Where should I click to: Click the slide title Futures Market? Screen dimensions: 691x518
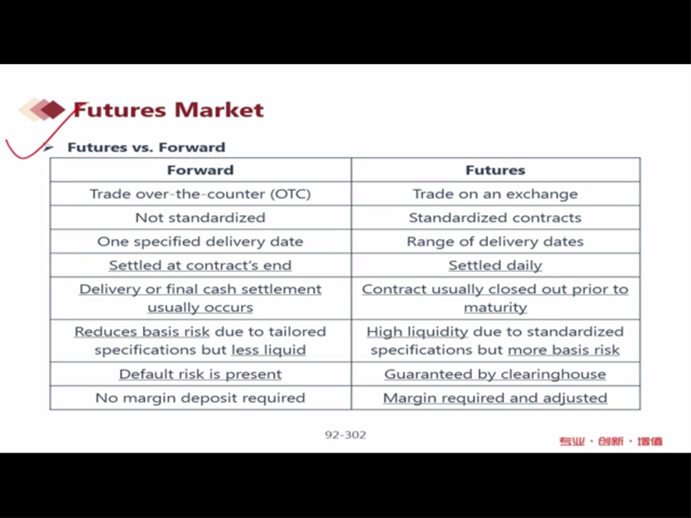point(168,110)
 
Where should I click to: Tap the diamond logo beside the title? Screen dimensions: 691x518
point(42,109)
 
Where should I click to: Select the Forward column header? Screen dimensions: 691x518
point(200,170)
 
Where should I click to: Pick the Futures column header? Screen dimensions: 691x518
point(495,170)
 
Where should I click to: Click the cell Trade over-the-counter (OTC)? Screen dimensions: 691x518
point(200,194)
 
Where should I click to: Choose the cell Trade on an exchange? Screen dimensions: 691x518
point(495,194)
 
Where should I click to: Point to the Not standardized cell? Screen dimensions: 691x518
point(200,218)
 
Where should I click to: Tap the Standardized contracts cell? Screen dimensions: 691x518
point(495,218)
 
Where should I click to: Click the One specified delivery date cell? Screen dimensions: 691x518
point(200,241)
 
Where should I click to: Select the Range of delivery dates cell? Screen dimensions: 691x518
point(495,241)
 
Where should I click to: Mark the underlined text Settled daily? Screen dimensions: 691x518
point(495,265)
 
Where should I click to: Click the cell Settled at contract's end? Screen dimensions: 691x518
point(200,265)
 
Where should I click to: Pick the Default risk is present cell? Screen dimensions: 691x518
point(200,374)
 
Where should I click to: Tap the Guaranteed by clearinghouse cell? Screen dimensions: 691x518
point(495,374)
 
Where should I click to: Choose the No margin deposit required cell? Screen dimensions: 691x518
point(200,398)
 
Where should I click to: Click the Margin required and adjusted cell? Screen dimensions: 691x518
point(495,398)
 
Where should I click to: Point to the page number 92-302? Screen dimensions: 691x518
point(345,435)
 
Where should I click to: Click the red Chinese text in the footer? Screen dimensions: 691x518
point(611,441)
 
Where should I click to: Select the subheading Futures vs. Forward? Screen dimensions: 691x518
point(146,147)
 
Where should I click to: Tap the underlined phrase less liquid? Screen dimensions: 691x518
point(269,350)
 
